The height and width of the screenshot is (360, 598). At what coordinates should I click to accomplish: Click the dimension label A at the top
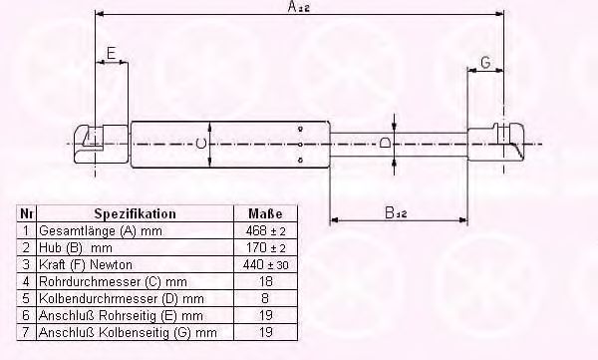coord(299,7)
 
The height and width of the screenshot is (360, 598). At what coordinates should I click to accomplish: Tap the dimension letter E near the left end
coord(111,53)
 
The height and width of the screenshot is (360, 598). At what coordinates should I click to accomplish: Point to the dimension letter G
coord(485,62)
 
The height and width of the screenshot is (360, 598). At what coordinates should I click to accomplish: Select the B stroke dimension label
coord(396,212)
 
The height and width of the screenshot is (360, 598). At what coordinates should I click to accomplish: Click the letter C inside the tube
coord(201,144)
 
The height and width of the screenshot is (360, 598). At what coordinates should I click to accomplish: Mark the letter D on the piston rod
coord(385,144)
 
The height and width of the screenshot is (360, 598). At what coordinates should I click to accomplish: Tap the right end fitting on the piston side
coord(496,144)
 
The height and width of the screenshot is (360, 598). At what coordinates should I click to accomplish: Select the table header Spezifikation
coord(135,213)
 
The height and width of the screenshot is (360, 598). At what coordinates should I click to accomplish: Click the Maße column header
coord(265,213)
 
